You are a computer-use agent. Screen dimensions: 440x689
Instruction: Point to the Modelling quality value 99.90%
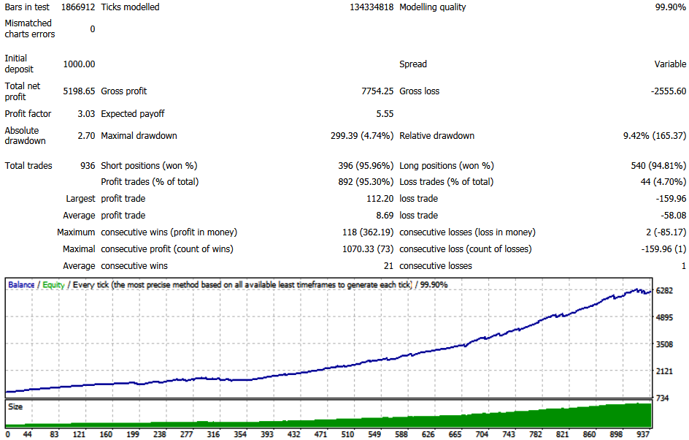pos(669,7)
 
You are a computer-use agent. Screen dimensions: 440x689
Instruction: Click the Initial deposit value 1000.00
pos(79,64)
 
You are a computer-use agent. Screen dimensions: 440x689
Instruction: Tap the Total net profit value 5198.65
pos(79,91)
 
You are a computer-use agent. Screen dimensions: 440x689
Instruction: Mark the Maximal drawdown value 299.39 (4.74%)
pos(362,136)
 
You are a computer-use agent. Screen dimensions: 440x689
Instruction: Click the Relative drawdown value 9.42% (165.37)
pos(654,136)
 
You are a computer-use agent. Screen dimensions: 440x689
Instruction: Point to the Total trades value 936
pos(88,166)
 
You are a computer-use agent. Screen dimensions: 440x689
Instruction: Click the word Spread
pos(413,64)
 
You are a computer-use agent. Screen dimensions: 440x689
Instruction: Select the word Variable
pos(670,64)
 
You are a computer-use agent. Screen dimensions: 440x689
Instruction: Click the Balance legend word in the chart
pos(21,285)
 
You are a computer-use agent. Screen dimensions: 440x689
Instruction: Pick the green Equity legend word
pos(53,285)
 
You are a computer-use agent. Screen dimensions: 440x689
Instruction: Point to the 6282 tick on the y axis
pos(665,291)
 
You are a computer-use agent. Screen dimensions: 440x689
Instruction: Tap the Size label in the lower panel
pos(15,405)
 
